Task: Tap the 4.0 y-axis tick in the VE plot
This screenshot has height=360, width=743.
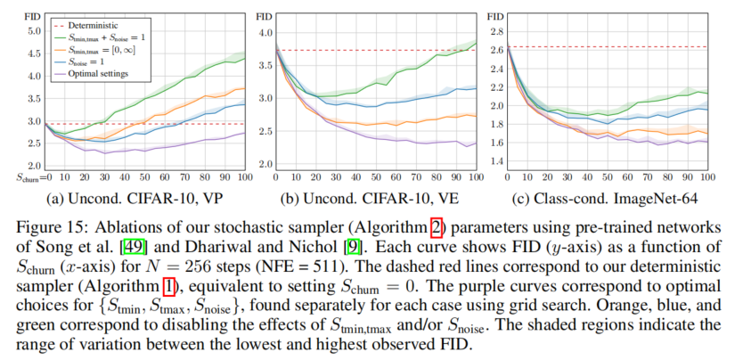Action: pos(265,33)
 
